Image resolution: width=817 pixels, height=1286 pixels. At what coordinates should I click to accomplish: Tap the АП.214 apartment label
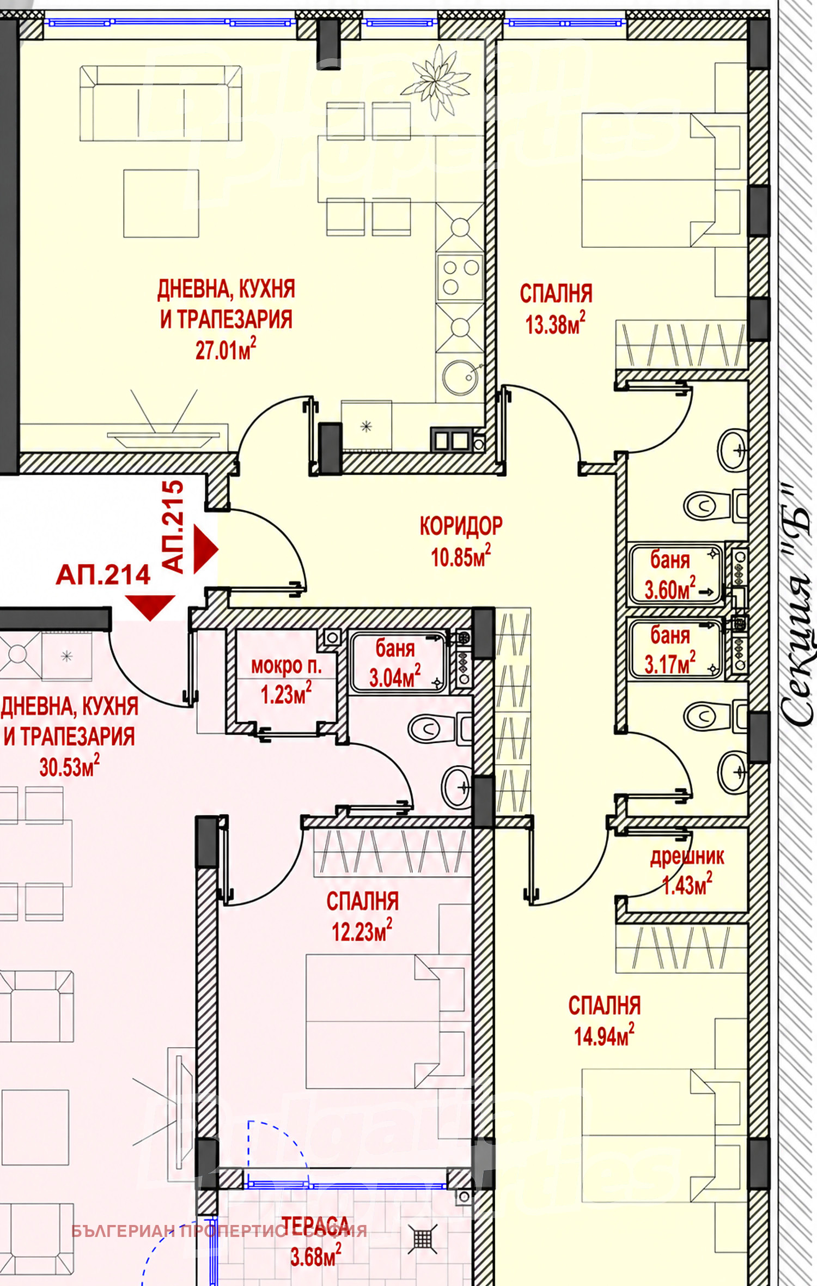[103, 575]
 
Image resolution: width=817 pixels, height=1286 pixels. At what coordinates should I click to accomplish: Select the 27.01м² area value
[225, 349]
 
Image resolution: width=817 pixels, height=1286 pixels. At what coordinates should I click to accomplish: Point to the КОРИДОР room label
[461, 526]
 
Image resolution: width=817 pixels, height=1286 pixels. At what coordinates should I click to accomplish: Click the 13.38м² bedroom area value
[555, 324]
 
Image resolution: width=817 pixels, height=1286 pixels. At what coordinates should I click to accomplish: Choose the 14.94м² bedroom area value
[604, 1035]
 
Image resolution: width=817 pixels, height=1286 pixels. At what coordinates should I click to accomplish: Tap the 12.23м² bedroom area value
[362, 931]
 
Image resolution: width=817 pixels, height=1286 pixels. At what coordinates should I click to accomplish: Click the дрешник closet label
[687, 857]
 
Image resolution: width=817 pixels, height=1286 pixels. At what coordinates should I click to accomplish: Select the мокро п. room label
[286, 665]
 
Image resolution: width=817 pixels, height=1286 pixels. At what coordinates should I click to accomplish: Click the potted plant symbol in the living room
[436, 82]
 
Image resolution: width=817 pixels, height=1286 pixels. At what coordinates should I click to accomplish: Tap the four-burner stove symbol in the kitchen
[460, 277]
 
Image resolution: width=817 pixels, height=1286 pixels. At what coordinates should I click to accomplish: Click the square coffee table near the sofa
[161, 203]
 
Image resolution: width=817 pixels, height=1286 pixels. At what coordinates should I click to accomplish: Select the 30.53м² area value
[69, 766]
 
